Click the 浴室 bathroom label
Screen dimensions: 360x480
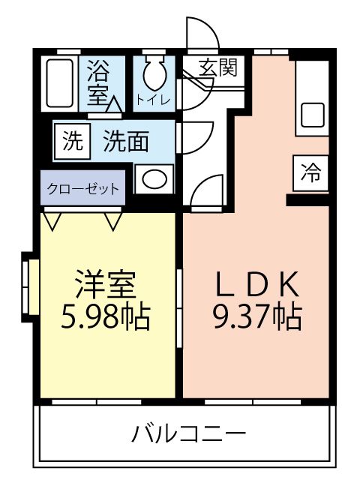(x=98, y=82)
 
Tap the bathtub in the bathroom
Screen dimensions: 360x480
(x=60, y=83)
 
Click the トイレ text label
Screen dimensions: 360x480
(x=153, y=100)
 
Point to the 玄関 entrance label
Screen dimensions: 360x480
(x=218, y=68)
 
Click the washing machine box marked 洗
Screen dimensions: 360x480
(x=73, y=141)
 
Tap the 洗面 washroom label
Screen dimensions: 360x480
(x=126, y=141)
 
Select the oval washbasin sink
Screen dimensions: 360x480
(x=154, y=178)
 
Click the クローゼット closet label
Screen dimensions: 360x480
(x=83, y=188)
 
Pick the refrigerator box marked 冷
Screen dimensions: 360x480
(x=310, y=173)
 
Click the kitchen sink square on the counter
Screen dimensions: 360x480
(x=312, y=115)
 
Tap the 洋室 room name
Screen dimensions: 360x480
(x=106, y=284)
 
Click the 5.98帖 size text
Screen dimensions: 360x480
(x=106, y=316)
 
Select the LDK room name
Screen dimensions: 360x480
(x=256, y=284)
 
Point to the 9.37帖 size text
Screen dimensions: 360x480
(x=258, y=316)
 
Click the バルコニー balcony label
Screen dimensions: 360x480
(x=188, y=433)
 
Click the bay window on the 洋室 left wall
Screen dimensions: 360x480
(x=30, y=286)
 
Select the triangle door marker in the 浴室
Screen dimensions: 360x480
(x=115, y=104)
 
